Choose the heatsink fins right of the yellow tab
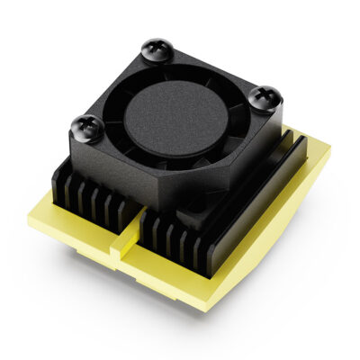(175, 236)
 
